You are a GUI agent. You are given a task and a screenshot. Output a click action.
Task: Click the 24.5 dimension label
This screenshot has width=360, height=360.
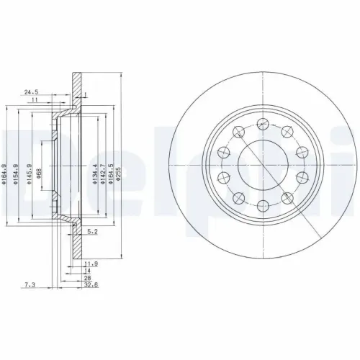point(30,92)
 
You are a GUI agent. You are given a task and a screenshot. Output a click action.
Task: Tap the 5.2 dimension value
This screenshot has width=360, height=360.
point(91,231)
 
